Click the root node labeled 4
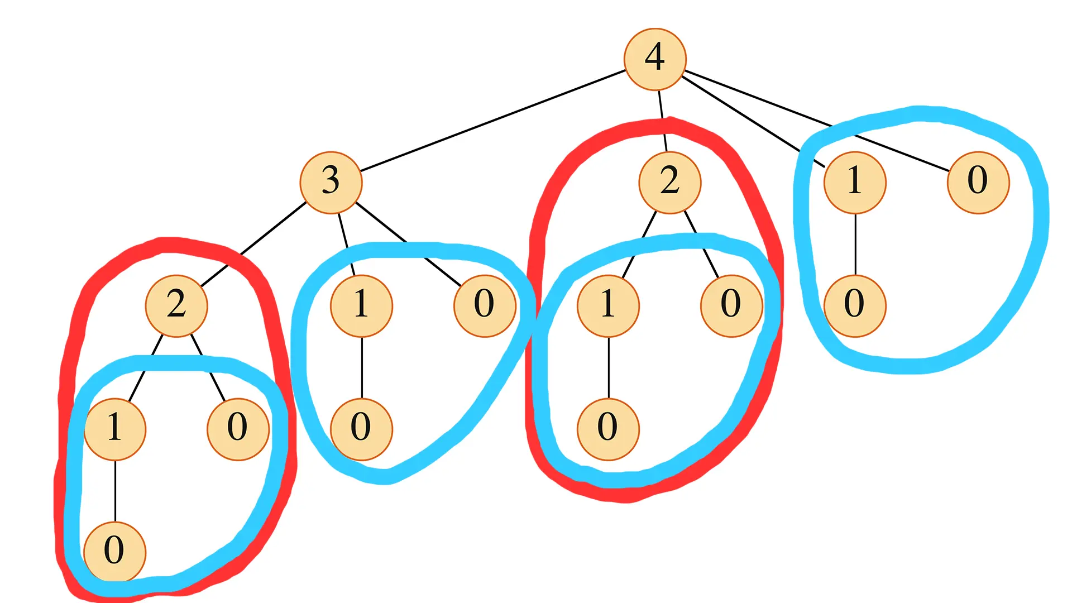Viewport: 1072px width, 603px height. point(654,59)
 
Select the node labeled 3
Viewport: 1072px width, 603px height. point(331,182)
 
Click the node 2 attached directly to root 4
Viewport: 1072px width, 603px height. point(669,182)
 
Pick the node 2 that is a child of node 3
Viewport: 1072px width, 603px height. point(176,305)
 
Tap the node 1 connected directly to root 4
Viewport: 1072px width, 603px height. point(855,182)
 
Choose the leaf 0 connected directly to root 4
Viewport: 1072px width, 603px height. point(978,182)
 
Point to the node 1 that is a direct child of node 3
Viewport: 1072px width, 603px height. point(362,305)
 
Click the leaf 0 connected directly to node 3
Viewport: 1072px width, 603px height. point(485,305)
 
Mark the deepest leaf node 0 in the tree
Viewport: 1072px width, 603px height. point(115,552)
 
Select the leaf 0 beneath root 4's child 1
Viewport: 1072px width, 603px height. point(855,305)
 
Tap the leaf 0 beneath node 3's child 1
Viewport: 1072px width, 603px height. point(362,429)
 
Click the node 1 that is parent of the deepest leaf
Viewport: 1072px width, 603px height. point(115,429)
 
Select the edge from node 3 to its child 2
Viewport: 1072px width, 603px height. point(254,244)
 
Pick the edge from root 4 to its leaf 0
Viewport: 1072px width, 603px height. point(815,119)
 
